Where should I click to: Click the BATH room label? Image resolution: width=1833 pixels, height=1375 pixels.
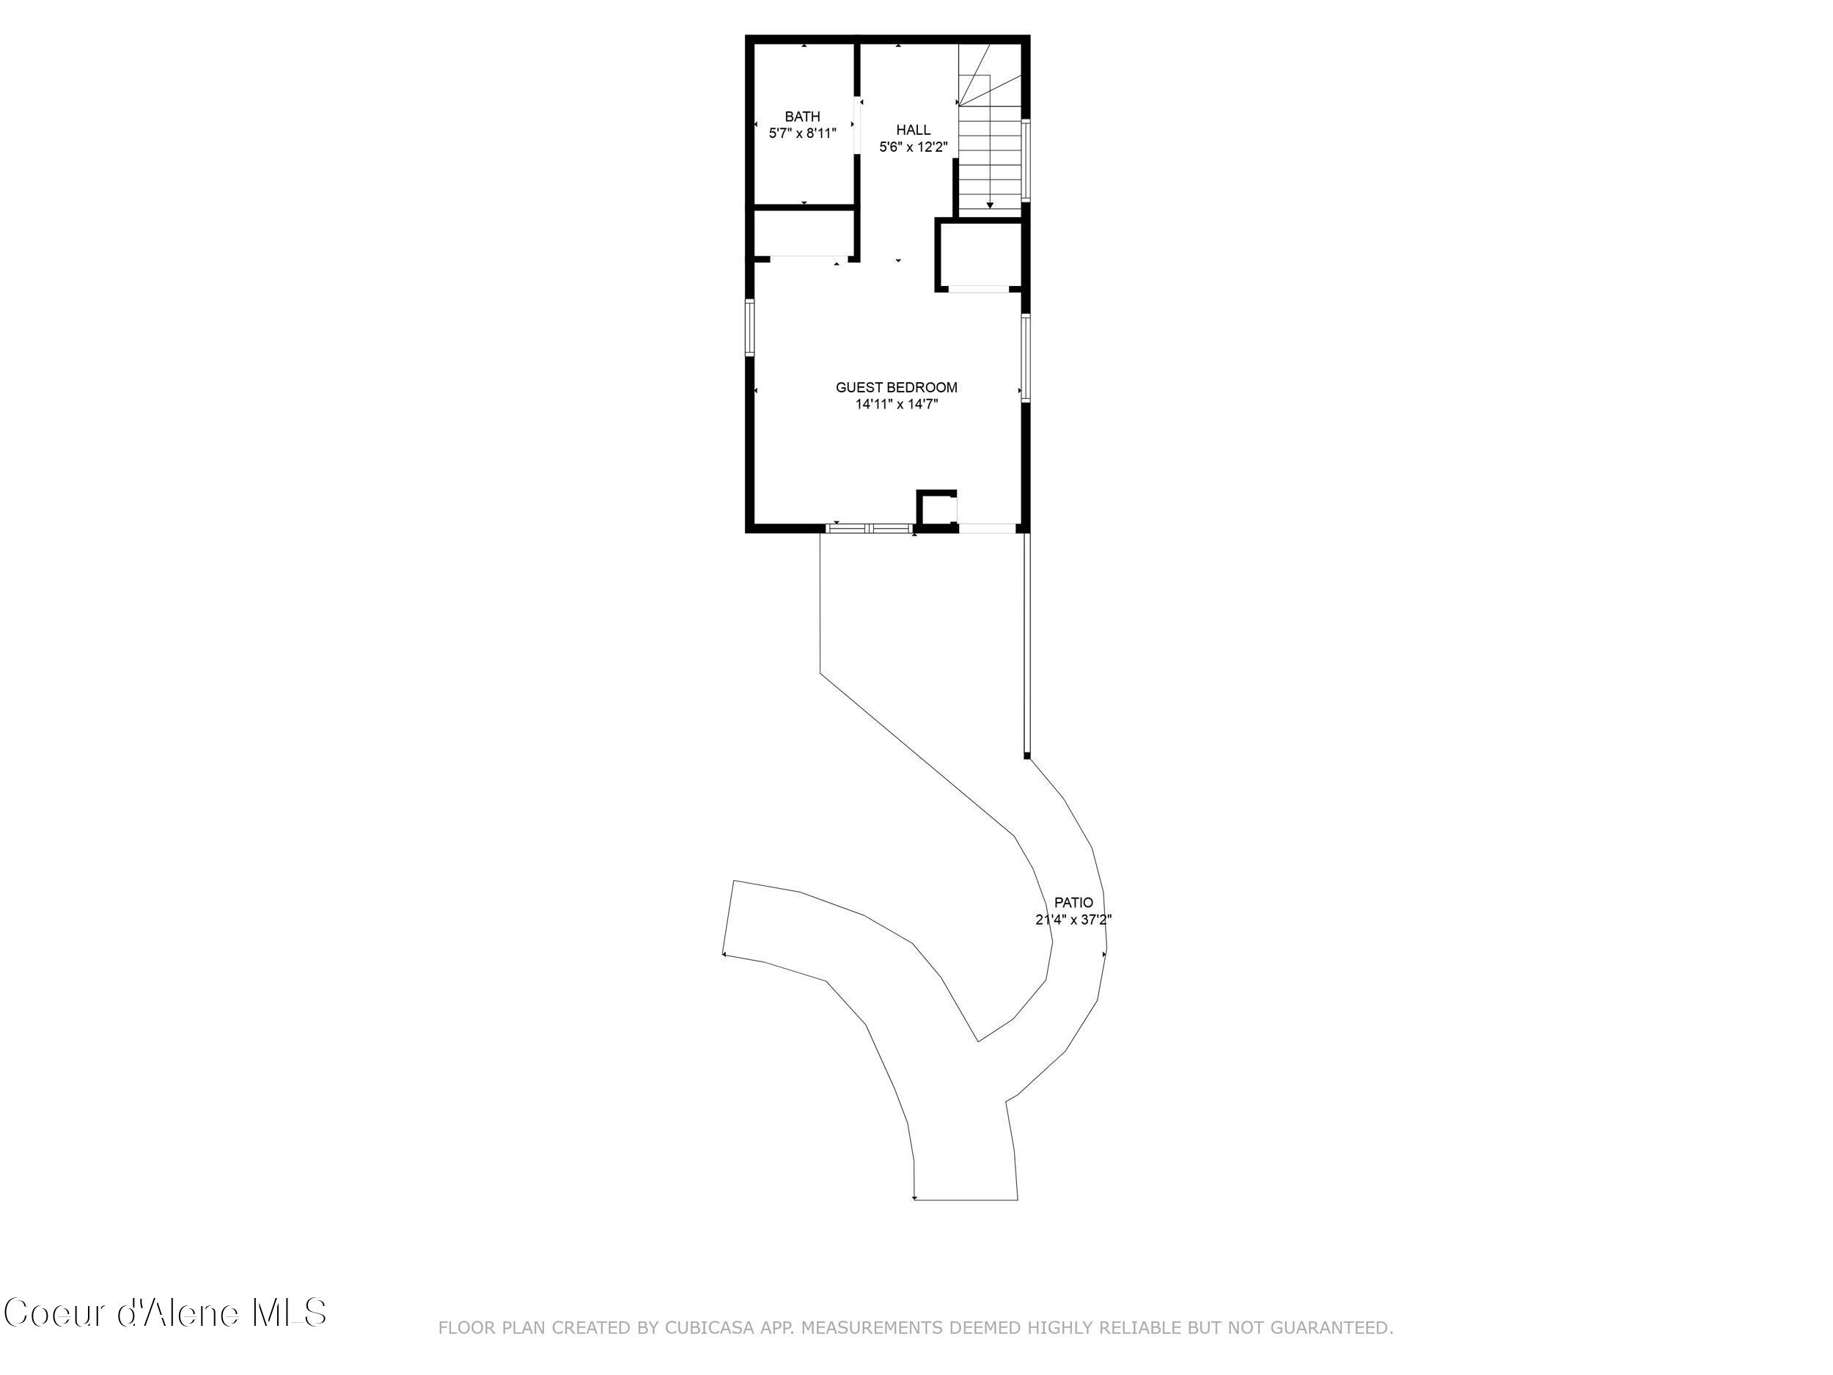click(x=802, y=117)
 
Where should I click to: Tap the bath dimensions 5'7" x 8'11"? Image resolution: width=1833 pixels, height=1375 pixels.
click(x=802, y=133)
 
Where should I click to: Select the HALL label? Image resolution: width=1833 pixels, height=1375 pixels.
click(x=912, y=130)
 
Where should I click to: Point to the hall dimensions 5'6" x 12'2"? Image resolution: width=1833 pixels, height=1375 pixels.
click(x=912, y=147)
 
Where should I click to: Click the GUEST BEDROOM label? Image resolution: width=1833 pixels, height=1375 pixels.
click(x=896, y=387)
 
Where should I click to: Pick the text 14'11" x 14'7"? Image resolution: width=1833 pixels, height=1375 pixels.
click(x=896, y=405)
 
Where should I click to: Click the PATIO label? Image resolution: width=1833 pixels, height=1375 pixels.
click(x=1073, y=903)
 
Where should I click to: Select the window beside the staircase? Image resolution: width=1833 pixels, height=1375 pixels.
click(x=1025, y=161)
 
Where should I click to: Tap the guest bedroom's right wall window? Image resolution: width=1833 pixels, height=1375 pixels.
click(x=1025, y=357)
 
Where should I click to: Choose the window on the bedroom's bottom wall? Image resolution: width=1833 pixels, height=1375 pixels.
click(x=870, y=527)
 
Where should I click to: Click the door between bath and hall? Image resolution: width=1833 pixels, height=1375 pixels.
click(x=857, y=125)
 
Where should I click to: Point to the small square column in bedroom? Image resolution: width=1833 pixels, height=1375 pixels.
click(x=936, y=507)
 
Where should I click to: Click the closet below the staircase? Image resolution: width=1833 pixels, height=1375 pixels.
click(x=979, y=254)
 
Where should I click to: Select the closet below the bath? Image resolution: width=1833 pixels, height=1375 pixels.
click(x=803, y=234)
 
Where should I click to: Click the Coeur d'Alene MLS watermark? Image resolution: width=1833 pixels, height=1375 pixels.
click(x=165, y=1313)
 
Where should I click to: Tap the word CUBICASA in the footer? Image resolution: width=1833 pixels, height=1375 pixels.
click(x=708, y=1328)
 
